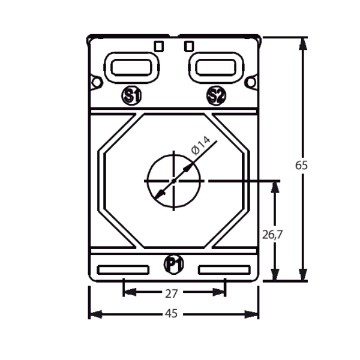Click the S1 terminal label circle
[x=131, y=96]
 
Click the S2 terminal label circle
[x=216, y=96]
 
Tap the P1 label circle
[x=174, y=264]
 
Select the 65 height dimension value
[x=301, y=165]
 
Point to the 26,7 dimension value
[x=272, y=235]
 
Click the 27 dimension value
[x=172, y=293]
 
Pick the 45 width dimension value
[x=171, y=313]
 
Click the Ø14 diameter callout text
[x=200, y=146]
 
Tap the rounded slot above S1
[x=131, y=67]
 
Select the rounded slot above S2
[x=216, y=67]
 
